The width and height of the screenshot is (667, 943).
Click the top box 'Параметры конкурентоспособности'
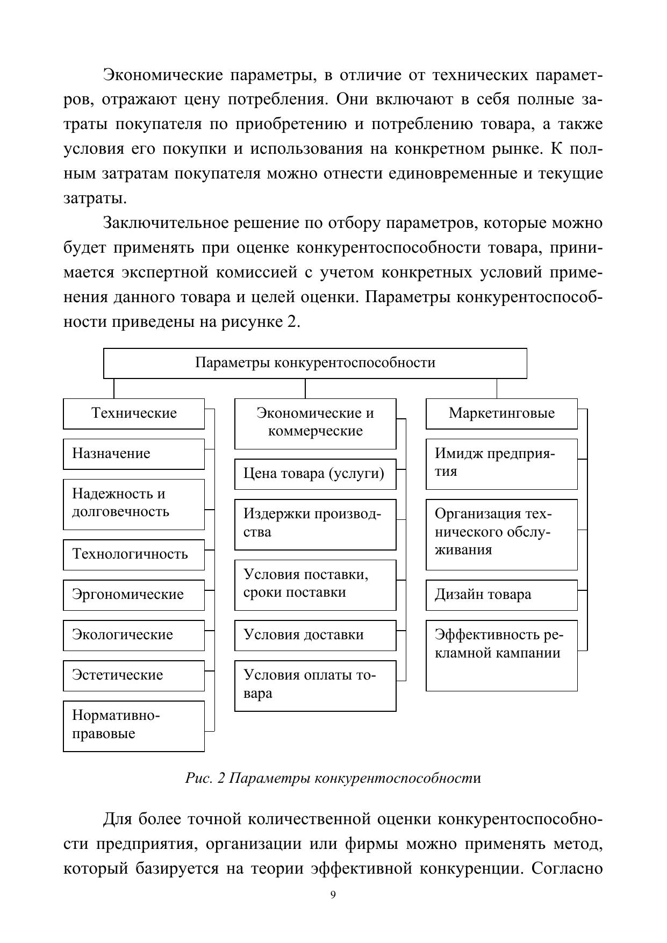pos(315,363)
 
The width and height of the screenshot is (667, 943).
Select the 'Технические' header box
pos(134,413)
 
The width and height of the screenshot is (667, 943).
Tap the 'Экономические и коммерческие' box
pos(315,423)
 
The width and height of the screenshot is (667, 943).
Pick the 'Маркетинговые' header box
pos(501,413)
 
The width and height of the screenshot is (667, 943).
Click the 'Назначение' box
pos(134,454)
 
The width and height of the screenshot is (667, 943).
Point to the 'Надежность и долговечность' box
pos(134,504)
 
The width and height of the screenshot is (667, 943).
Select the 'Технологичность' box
pos(134,554)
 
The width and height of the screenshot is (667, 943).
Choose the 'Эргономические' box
pos(134,595)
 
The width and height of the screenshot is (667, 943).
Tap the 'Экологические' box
pos(134,635)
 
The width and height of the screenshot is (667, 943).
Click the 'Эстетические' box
pos(134,675)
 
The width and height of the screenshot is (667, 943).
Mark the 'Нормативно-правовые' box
pos(134,725)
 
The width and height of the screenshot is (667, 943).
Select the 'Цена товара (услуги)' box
pos(315,474)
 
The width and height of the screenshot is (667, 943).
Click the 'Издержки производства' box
pos(315,524)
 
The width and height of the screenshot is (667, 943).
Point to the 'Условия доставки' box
pos(315,635)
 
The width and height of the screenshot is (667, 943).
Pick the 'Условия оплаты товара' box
pos(315,685)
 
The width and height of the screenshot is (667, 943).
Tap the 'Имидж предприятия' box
pos(501,464)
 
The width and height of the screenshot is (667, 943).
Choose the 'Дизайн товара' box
pos(501,595)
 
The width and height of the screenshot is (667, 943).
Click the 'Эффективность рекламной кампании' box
pos(501,655)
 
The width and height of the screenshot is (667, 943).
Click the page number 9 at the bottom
pos(333,895)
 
